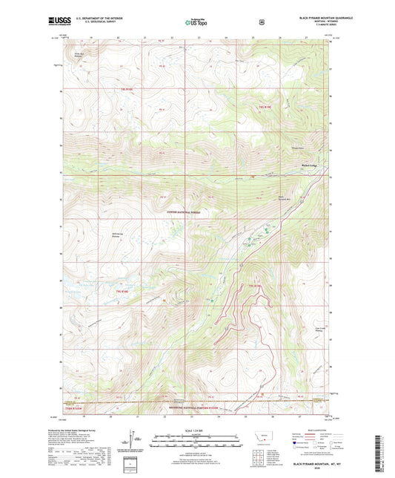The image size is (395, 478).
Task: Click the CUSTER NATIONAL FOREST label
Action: [184, 211]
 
